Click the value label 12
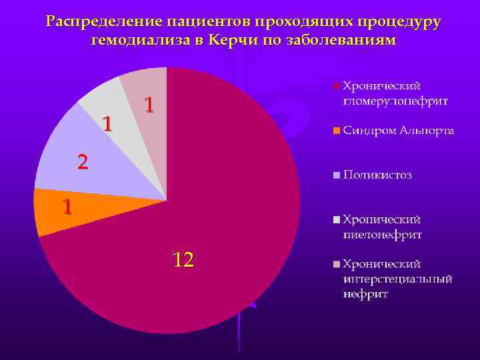coord(183,259)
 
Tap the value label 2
coord(82,161)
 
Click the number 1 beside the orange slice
coord(67,207)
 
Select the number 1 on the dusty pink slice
coord(150,105)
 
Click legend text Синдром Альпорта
coord(399,130)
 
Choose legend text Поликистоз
coord(377,175)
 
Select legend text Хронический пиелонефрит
coord(383,227)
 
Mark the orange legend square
coord(337,130)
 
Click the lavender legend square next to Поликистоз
coord(337,175)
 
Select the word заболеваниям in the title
coord(341,40)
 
